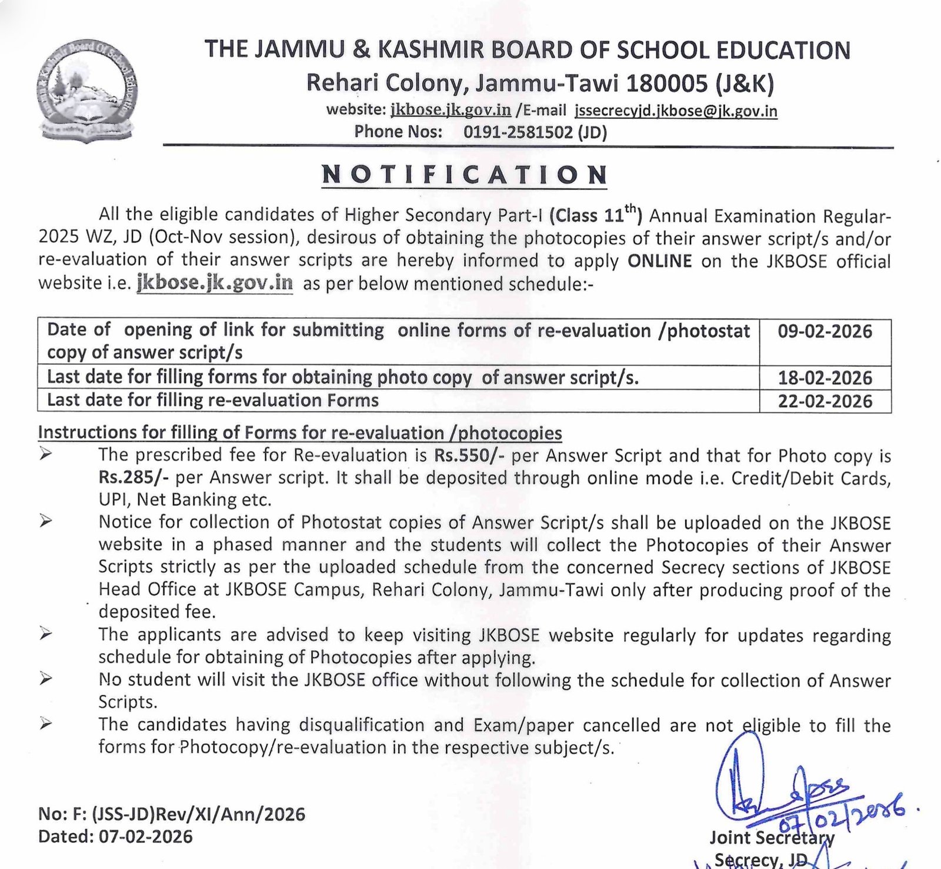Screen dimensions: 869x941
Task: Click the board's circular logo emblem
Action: [84, 101]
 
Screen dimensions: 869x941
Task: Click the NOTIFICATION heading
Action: [465, 175]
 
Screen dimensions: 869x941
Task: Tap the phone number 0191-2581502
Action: [518, 132]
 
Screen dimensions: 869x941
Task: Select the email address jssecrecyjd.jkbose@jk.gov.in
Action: [676, 111]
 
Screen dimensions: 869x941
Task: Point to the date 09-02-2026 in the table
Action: [825, 331]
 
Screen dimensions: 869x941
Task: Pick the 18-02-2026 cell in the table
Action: [825, 378]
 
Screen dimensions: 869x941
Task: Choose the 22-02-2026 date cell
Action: [825, 401]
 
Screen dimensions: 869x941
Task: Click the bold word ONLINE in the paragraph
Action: [659, 261]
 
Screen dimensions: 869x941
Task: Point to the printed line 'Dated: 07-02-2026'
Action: [115, 836]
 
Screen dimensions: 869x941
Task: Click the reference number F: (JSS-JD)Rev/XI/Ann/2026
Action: [198, 814]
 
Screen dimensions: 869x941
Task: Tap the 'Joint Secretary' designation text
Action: [772, 837]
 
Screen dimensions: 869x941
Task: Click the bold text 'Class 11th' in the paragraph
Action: [595, 215]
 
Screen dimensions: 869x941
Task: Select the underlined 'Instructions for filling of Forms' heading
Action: [300, 433]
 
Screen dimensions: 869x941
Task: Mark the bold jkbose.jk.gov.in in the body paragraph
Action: [215, 284]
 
